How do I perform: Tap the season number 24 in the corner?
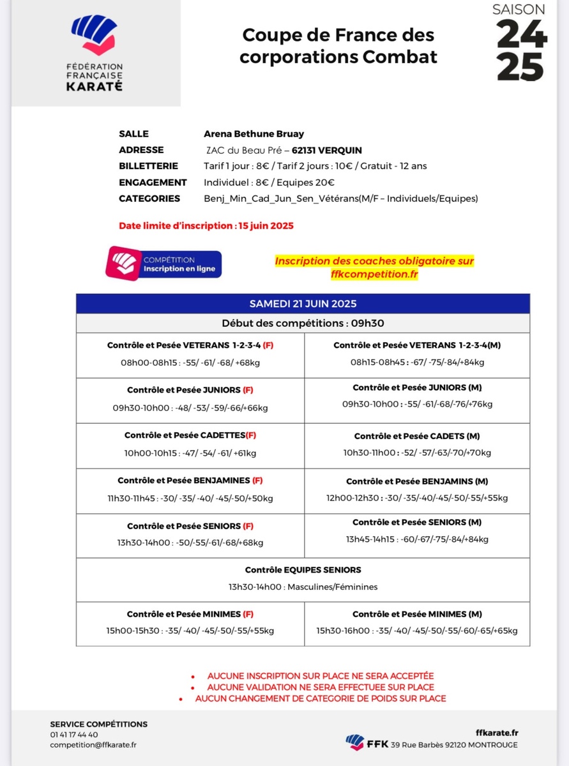522,33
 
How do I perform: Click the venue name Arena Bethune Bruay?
254,134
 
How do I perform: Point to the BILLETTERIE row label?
148,166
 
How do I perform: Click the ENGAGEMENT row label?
153,183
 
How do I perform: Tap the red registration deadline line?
206,226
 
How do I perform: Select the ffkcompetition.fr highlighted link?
374,274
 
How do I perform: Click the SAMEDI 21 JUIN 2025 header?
303,303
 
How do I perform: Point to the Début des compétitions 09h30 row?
303,323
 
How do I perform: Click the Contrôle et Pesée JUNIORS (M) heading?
416,387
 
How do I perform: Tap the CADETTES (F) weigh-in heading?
190,435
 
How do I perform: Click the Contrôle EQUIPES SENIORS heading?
303,569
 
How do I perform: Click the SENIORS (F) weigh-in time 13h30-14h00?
140,543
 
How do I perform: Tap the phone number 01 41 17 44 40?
74,735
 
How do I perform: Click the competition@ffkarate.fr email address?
93,745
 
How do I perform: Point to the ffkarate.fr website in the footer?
497,733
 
